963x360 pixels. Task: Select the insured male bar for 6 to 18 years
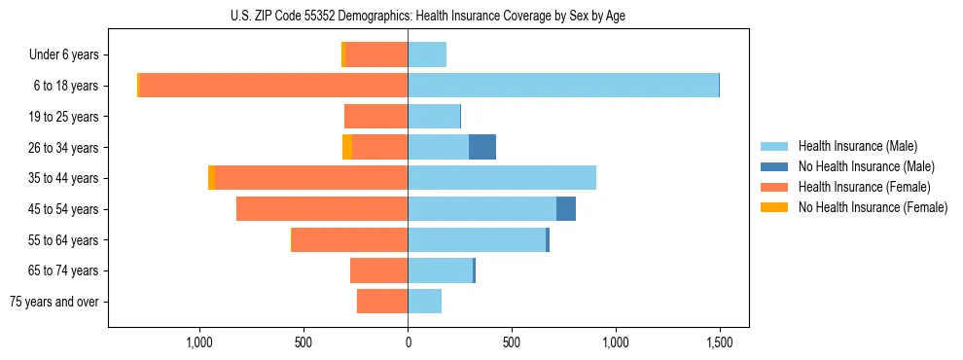click(x=563, y=86)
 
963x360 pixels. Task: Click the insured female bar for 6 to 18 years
click(x=273, y=86)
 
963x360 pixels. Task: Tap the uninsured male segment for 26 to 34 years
click(x=482, y=147)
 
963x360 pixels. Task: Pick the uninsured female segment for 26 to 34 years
click(x=347, y=147)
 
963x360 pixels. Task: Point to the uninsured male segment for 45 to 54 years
click(x=566, y=209)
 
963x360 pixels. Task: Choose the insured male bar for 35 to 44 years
click(x=502, y=178)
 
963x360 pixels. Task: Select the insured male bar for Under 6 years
click(x=427, y=54)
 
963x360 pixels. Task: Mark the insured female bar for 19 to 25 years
click(x=376, y=117)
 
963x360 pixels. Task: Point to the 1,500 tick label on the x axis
click(x=720, y=342)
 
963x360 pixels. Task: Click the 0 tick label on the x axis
click(x=408, y=342)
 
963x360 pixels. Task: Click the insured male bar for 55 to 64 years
click(x=477, y=240)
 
